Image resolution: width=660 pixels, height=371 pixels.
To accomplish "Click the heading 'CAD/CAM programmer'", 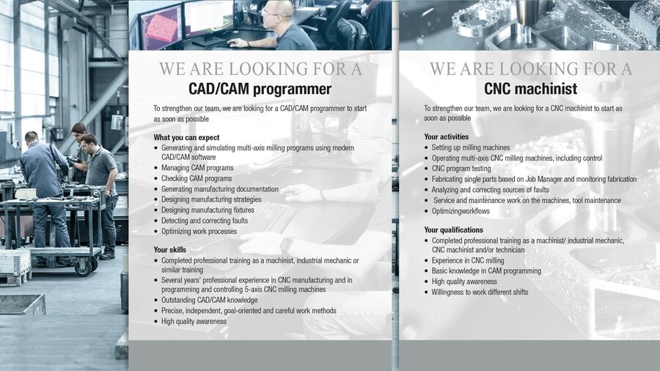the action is click(260, 89).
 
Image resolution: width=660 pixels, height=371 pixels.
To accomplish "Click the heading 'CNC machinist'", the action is click(530, 88).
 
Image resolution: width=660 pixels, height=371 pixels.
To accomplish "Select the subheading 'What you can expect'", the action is click(186, 137).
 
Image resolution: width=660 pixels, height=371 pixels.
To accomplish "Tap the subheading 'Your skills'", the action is click(169, 249).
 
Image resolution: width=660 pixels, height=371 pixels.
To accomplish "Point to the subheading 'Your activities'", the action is click(446, 136).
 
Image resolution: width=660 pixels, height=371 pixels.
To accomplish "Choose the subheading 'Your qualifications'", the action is click(453, 229).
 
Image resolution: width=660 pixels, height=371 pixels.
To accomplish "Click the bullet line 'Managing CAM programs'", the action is click(197, 167).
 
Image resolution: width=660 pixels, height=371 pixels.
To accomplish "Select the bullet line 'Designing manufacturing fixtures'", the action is click(208, 210).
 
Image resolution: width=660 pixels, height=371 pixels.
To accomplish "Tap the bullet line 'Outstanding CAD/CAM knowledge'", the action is click(209, 300).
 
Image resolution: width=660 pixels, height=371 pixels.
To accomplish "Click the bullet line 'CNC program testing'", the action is click(461, 168).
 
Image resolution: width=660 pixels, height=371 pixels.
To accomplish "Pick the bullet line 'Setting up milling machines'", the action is click(471, 147).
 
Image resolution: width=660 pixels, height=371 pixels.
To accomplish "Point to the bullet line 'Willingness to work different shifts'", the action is click(480, 292).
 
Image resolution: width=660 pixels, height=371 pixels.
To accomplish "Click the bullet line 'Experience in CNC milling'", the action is click(468, 260).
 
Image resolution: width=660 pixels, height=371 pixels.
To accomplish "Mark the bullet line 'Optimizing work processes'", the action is click(199, 231).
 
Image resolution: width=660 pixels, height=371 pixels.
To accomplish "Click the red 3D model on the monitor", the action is click(161, 27).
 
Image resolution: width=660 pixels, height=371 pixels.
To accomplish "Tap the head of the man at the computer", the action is click(277, 12).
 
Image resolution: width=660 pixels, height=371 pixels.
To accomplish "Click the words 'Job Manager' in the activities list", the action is click(543, 179).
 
